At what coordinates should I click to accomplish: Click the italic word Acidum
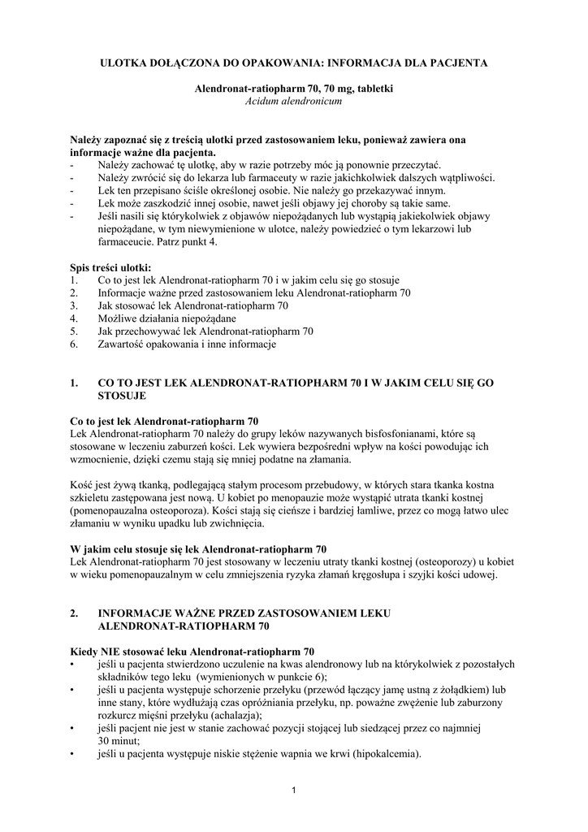262,102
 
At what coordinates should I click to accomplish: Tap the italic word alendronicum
312,102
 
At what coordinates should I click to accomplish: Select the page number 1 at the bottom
294,790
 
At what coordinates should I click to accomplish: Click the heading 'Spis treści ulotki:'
110,267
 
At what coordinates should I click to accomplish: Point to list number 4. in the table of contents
74,318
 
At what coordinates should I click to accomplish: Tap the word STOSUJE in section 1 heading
121,395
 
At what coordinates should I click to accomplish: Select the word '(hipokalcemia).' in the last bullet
383,754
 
